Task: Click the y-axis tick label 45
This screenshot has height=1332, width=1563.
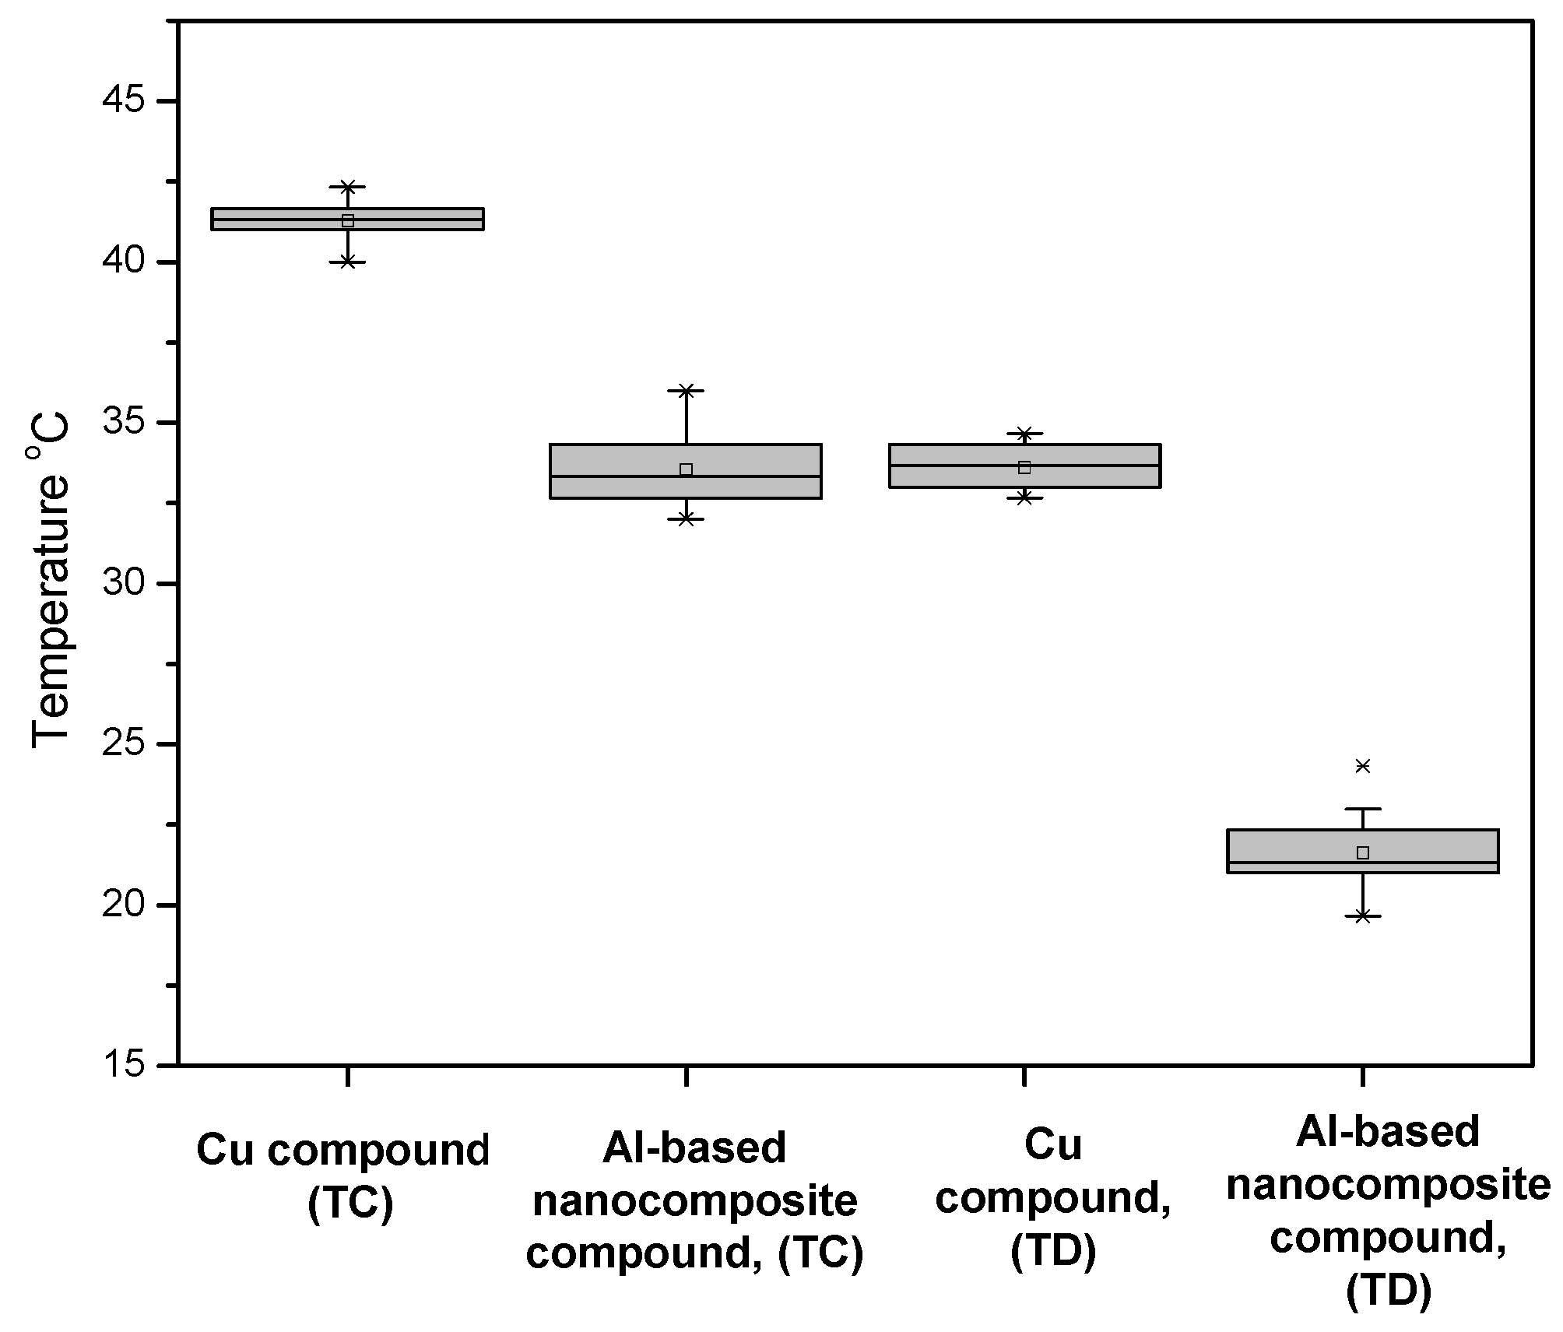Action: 125,101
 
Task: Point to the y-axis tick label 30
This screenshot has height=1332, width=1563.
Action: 125,584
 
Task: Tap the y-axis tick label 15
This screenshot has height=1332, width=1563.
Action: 125,1064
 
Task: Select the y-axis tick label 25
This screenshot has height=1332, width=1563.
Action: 125,744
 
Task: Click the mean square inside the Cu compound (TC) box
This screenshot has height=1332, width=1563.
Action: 348,221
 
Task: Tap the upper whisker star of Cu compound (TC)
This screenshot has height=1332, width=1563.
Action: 348,187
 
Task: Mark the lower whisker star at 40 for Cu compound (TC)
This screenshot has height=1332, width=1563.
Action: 348,262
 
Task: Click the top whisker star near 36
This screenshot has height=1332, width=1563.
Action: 686,391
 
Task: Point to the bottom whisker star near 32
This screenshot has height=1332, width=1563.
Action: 686,518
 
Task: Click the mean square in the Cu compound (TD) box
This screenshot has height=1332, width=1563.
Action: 1024,468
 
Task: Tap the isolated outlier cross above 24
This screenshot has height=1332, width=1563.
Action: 1363,766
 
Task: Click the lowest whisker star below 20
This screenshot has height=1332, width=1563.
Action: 1363,916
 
